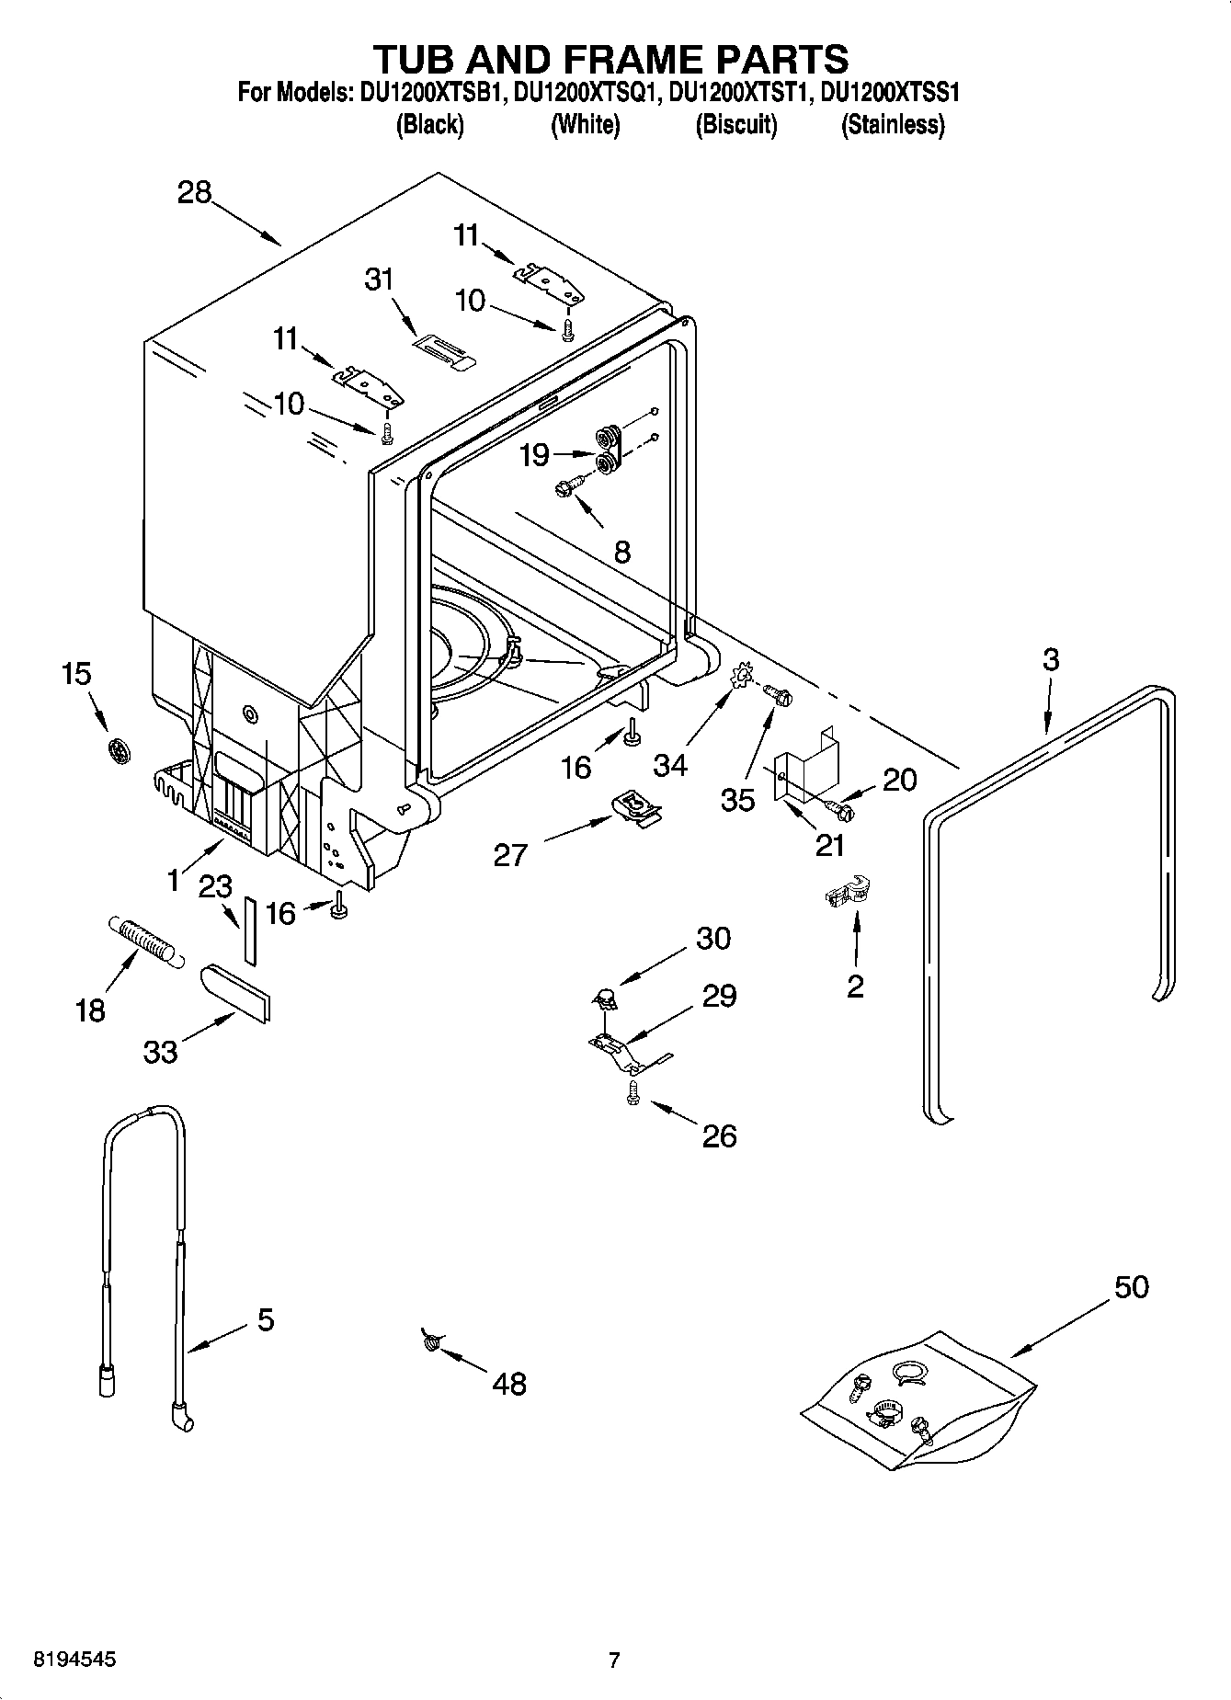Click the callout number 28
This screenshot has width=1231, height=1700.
click(x=194, y=193)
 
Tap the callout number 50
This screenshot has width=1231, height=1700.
click(x=1131, y=1287)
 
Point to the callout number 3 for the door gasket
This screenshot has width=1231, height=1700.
click(x=1051, y=659)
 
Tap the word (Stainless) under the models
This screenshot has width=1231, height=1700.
click(x=893, y=125)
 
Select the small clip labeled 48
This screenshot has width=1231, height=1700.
click(x=429, y=1341)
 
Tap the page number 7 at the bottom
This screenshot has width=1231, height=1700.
click(x=614, y=1660)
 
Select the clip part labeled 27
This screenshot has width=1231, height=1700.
click(x=635, y=809)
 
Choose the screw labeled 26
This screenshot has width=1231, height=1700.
click(x=633, y=1093)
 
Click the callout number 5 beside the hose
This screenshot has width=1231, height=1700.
click(x=265, y=1320)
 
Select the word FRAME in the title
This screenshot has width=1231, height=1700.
click(x=613, y=59)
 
